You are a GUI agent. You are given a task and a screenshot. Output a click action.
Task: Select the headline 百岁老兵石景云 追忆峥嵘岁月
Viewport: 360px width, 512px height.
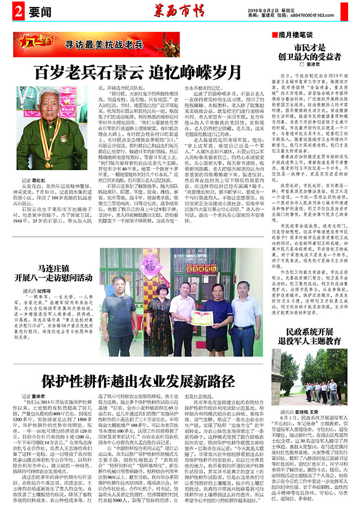click(x=138, y=72)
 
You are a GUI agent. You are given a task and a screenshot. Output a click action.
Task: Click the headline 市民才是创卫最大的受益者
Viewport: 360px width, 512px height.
click(x=311, y=52)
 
